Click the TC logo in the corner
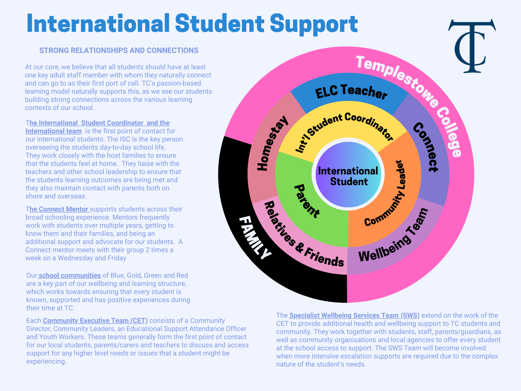click(x=472, y=46)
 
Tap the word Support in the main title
click(x=313, y=24)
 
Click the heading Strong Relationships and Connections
click(x=119, y=50)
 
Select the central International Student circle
click(x=348, y=176)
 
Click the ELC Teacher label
click(x=351, y=92)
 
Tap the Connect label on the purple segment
click(x=426, y=147)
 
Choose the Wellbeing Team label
click(x=394, y=237)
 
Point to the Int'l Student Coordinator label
click(x=344, y=130)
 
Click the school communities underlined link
click(x=70, y=275)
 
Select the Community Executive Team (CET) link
click(x=95, y=321)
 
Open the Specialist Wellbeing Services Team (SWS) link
click(x=354, y=315)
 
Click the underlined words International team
click(x=54, y=131)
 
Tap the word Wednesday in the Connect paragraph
click(x=74, y=258)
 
